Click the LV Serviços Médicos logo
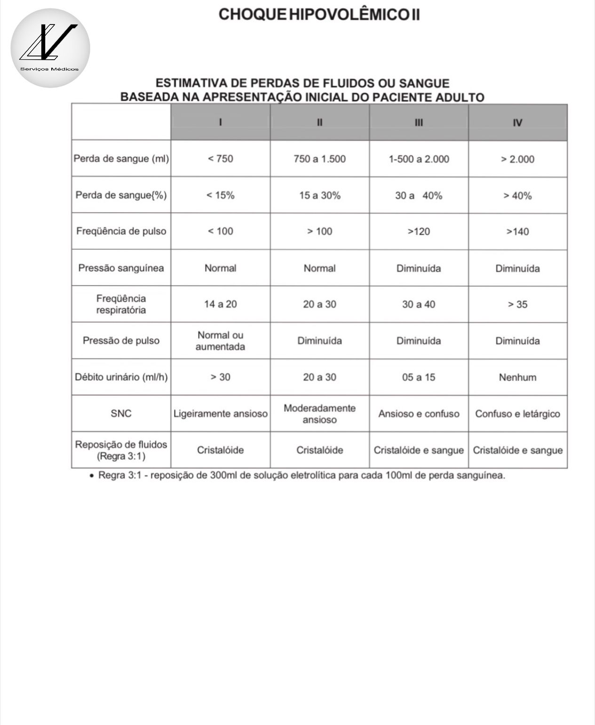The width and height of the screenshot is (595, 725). [x=50, y=48]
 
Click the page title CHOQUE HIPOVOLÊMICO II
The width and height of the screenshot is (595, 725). [x=319, y=14]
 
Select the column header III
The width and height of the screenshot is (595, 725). [x=419, y=123]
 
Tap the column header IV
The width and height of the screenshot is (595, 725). [x=517, y=123]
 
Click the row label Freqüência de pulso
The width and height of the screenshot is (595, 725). [x=121, y=231]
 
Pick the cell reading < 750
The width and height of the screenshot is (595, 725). [x=220, y=159]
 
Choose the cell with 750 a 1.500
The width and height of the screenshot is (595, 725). [x=319, y=159]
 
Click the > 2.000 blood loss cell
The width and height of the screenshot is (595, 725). [x=517, y=159]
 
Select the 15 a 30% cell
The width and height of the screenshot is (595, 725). [x=319, y=195]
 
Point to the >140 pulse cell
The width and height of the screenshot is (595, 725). [x=517, y=231]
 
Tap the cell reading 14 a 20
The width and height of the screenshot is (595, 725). [x=220, y=304]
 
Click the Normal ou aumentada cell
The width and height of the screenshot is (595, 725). [x=220, y=341]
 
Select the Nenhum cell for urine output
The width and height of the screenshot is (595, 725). [x=517, y=377]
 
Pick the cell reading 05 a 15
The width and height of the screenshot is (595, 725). [x=419, y=377]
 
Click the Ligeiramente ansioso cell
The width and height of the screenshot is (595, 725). [x=220, y=414]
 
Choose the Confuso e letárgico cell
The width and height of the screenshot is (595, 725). [x=517, y=414]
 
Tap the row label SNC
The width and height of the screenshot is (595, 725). [x=121, y=414]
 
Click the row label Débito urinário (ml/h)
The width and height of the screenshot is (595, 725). [x=121, y=377]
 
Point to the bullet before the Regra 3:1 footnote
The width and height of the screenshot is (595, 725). [x=91, y=476]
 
